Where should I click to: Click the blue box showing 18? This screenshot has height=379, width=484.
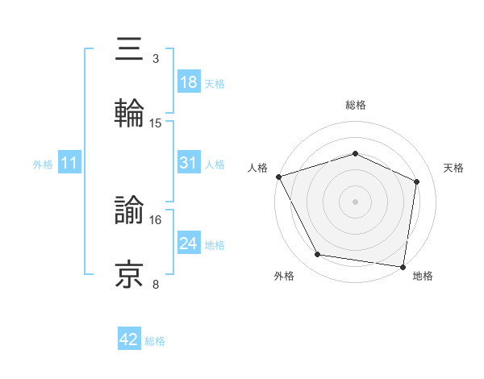tap(189, 82)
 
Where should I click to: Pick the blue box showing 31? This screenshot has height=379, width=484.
tap(189, 163)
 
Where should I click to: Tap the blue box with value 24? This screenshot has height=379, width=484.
tap(189, 244)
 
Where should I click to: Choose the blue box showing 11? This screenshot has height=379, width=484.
tap(69, 163)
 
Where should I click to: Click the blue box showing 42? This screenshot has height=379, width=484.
tap(129, 339)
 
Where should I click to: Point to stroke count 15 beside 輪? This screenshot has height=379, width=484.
tap(156, 123)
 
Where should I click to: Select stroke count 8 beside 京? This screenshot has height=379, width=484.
tap(156, 284)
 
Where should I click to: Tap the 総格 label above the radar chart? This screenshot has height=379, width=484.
tap(356, 105)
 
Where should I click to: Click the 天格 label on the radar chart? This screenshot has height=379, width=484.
tap(454, 168)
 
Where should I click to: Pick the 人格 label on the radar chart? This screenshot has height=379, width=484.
tap(257, 168)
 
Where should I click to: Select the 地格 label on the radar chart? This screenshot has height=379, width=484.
tap(423, 277)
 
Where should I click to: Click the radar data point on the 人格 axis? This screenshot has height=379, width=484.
tap(278, 177)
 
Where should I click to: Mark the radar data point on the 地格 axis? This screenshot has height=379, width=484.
tap(403, 266)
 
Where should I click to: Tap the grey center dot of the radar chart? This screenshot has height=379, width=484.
tap(356, 201)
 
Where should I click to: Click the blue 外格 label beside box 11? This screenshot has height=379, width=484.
tap(43, 164)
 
